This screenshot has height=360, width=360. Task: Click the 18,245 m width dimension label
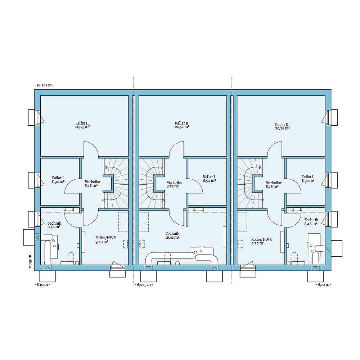tap(44, 85)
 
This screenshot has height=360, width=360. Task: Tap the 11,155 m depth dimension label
tap(31, 261)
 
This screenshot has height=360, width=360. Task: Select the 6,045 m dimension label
tap(144, 284)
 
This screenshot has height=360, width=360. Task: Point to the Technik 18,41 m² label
tap(172, 235)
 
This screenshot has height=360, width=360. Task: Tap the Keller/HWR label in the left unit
tap(103, 240)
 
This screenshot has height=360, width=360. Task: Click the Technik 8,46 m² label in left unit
tap(54, 225)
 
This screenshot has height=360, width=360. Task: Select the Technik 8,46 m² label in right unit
tap(311, 221)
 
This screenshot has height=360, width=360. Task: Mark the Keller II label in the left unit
tap(82, 125)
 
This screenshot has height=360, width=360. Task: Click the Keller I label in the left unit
tap(58, 180)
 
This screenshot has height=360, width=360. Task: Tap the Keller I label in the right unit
tap(307, 179)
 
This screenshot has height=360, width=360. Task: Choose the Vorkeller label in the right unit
tap(274, 184)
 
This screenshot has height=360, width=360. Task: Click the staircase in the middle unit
tap(151, 184)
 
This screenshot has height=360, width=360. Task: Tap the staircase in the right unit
tap(250, 184)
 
